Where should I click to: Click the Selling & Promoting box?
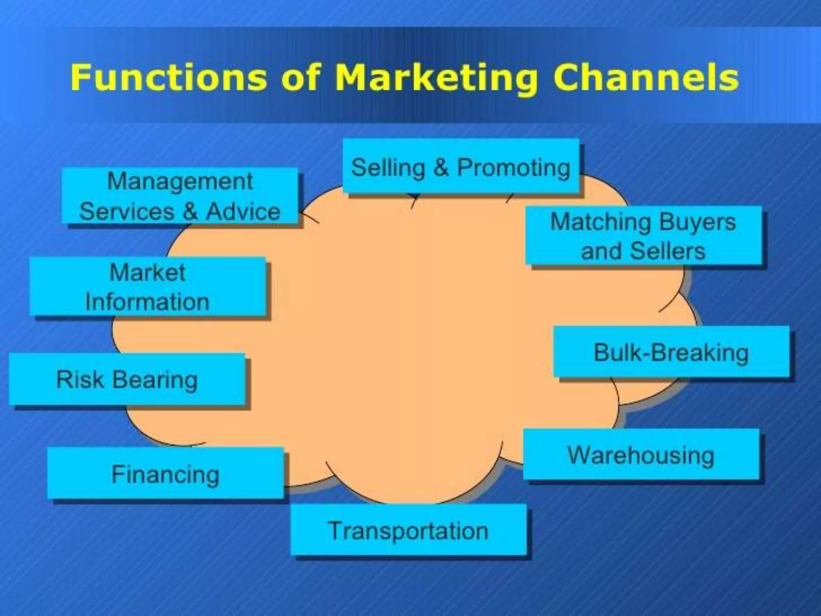point(461,166)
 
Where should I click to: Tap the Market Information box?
point(148,286)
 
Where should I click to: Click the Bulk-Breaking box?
point(671,352)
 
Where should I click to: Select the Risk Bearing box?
point(127,379)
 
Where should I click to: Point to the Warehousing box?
point(641,455)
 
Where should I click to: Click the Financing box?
point(165,474)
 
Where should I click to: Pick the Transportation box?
point(408,530)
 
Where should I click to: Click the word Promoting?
point(514,167)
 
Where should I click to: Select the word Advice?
point(243,211)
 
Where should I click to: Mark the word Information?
point(148,302)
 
